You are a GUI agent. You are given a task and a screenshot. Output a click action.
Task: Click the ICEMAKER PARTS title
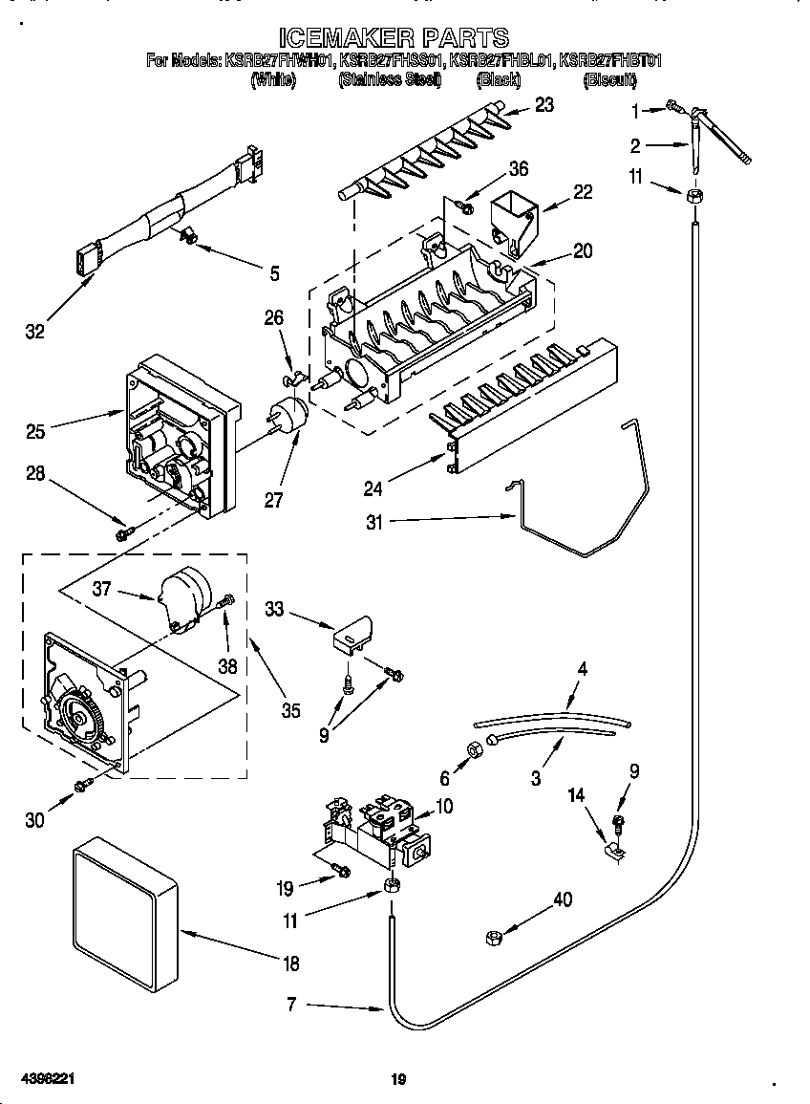click(394, 37)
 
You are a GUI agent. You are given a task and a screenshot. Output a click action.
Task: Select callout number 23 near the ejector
click(544, 105)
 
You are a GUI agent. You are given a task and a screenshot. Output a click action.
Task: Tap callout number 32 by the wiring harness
click(34, 332)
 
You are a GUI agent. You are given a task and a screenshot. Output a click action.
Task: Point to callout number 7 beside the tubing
click(292, 1005)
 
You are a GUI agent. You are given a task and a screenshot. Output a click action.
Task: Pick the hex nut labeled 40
click(495, 938)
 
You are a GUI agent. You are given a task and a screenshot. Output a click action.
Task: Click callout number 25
click(35, 432)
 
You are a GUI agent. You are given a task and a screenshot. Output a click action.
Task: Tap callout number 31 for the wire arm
click(373, 522)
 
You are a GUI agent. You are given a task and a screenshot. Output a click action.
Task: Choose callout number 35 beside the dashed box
click(290, 709)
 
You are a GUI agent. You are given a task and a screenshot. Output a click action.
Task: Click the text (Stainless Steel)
click(389, 80)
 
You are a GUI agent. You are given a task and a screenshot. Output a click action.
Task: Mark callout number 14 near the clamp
click(575, 794)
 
